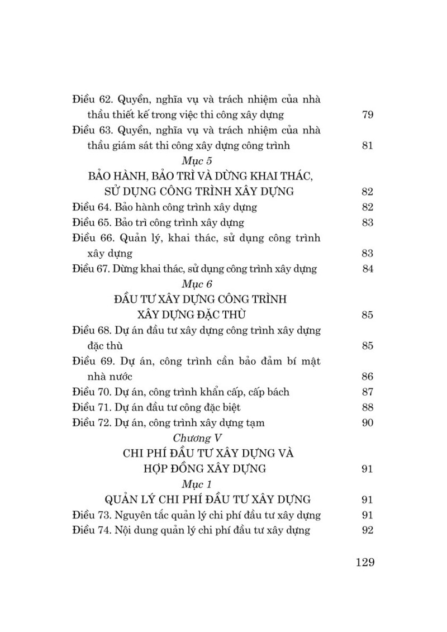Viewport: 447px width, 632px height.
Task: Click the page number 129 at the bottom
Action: click(x=364, y=562)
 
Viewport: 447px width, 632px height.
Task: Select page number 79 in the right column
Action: click(x=367, y=115)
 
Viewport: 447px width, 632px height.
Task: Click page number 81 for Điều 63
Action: click(x=367, y=146)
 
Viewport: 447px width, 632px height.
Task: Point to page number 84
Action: click(x=367, y=269)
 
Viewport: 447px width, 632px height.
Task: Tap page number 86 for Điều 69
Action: click(x=367, y=376)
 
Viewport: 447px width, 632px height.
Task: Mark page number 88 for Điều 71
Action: click(x=367, y=407)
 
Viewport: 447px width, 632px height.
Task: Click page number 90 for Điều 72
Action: click(x=367, y=422)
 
